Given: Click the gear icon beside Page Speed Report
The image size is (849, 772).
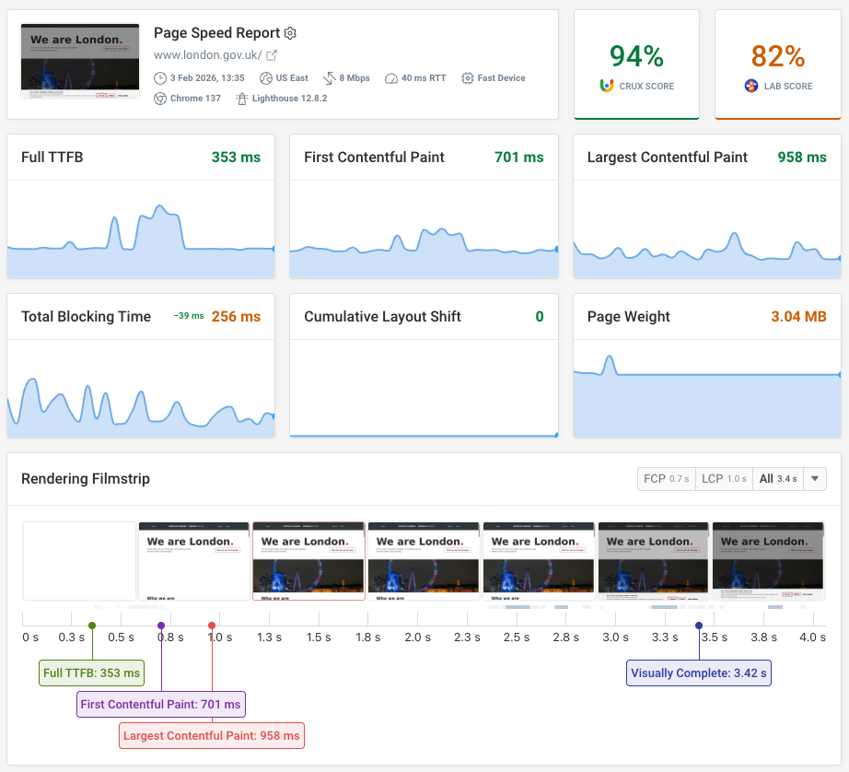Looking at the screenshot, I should (290, 33).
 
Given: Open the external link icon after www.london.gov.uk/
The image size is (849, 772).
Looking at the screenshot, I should (272, 55).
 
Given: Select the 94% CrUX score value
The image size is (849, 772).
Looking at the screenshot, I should (636, 56).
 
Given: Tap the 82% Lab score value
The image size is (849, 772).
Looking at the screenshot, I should (778, 56).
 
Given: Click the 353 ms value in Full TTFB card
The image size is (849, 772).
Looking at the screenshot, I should (236, 158).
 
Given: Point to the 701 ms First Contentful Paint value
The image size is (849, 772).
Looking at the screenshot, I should (518, 158).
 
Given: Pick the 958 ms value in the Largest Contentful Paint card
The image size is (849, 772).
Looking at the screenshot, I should (801, 158).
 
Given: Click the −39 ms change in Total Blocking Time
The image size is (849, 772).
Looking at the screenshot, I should (189, 317).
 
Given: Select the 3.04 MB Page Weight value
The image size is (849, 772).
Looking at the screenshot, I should (797, 317).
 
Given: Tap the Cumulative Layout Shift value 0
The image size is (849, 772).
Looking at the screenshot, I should (540, 317).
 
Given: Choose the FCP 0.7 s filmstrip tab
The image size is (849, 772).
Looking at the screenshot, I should (666, 479).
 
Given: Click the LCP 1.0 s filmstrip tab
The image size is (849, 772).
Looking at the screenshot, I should (724, 479).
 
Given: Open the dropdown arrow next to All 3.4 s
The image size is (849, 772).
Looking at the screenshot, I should (815, 479).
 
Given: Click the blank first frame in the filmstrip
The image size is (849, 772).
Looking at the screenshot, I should (79, 561).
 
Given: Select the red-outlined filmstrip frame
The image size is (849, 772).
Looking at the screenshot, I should (308, 561).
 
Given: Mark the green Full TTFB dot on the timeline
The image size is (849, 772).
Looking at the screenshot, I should (92, 626).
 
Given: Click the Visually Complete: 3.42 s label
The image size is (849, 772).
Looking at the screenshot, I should (699, 673).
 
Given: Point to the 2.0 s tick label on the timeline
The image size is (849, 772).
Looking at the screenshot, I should (418, 637).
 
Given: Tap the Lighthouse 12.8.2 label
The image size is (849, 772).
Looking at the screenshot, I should (289, 99).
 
